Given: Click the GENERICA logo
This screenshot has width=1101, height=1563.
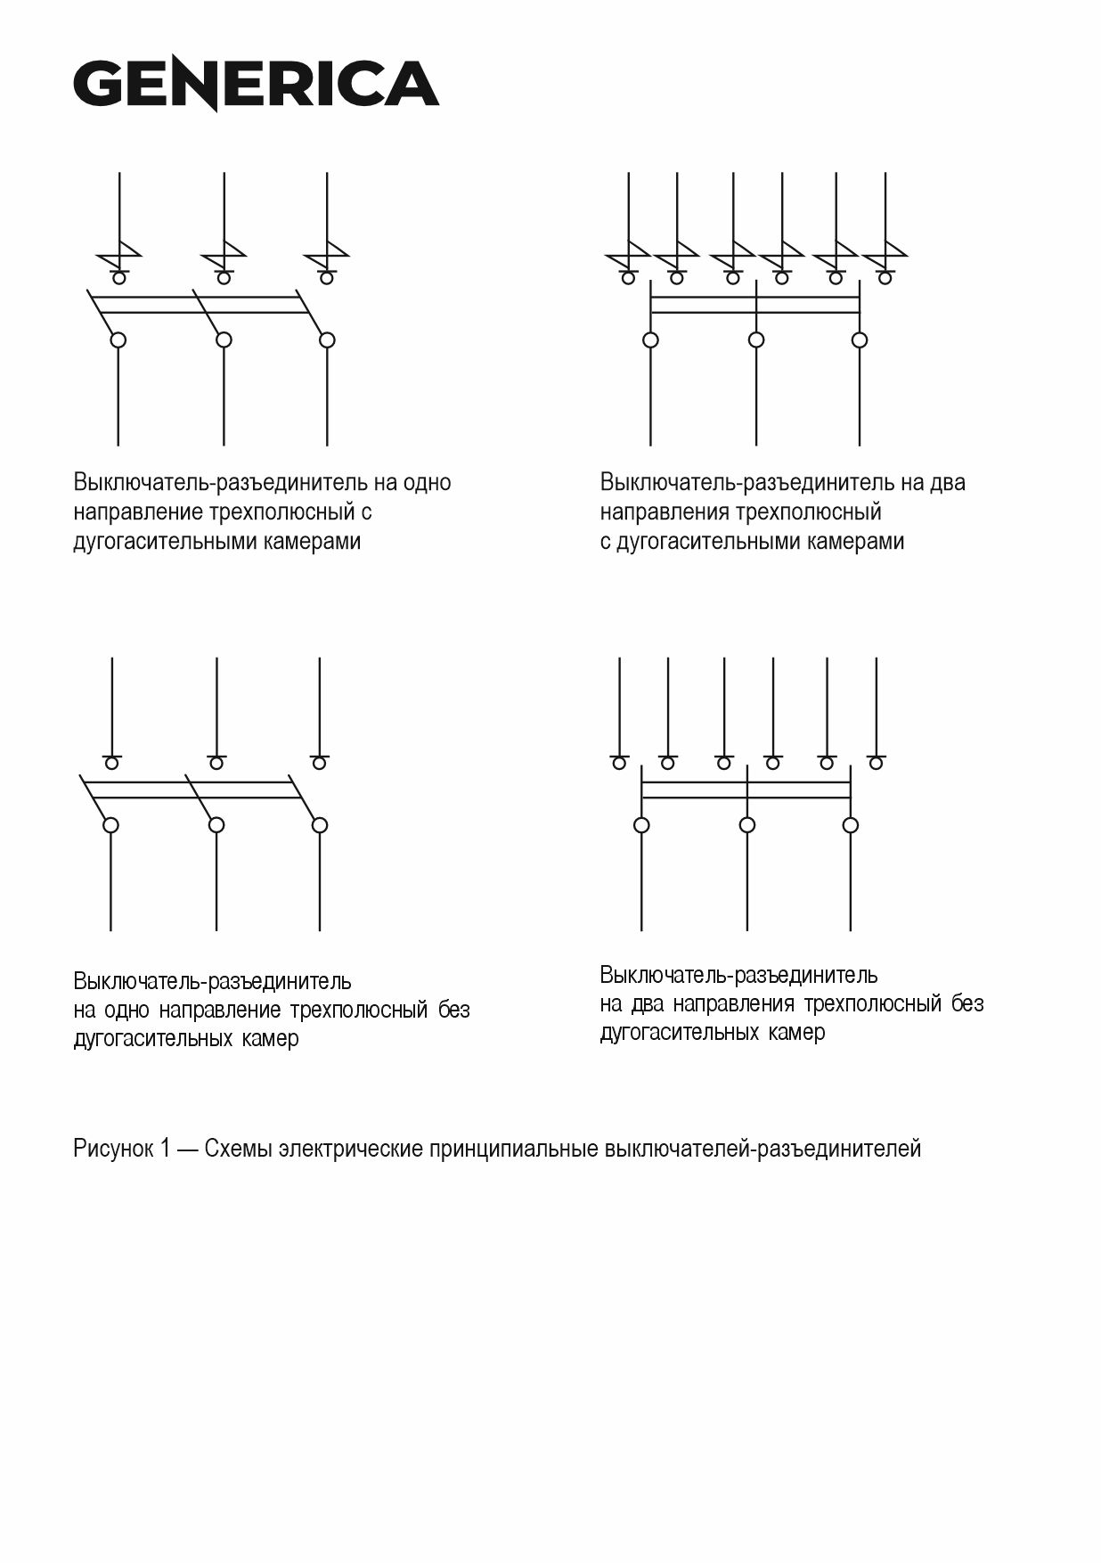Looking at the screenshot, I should coord(256,85).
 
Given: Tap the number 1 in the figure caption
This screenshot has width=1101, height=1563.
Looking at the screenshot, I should coord(166,1149).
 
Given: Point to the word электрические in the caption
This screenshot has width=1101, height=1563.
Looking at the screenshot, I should coord(351,1149).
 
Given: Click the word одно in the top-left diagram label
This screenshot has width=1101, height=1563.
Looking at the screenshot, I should coord(428,483).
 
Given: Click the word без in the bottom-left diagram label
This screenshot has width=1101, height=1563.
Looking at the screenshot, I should coord(453,1011).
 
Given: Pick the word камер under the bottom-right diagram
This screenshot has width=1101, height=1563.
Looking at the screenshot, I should coord(801,1033).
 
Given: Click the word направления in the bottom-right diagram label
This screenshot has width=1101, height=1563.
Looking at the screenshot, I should coord(733,1004).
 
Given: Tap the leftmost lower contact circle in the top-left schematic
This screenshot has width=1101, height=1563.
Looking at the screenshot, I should coord(118,340).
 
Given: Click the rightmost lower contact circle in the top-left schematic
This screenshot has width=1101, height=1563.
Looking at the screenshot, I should coord(327,340).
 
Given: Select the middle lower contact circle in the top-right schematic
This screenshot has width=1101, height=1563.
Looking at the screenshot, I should coord(756,340).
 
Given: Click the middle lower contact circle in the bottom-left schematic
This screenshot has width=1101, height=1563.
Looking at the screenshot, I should coord(216,825).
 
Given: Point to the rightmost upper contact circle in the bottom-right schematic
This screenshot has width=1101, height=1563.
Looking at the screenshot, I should coord(877,764).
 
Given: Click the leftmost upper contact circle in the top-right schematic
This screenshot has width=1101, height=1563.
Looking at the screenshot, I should coord(628,279).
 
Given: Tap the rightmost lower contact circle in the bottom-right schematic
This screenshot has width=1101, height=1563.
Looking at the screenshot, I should coord(851,825).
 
